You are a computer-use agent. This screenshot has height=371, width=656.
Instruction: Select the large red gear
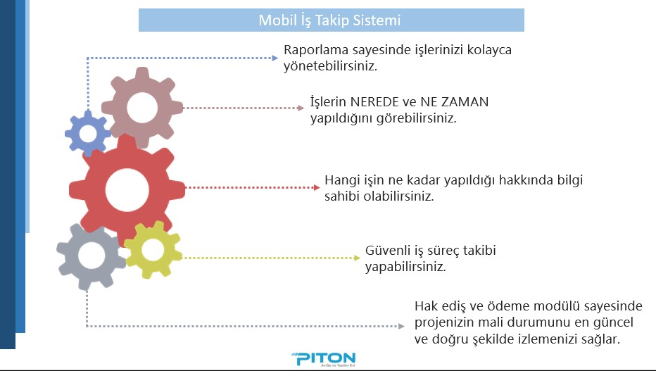92,190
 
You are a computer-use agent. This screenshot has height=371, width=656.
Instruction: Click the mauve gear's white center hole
142,108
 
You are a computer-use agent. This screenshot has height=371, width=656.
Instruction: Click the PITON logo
323,359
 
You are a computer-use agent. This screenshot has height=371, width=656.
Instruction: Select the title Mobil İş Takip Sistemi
329,20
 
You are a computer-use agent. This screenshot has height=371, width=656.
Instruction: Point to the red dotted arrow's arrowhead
317,187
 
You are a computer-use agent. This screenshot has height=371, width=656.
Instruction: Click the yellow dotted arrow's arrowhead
357,258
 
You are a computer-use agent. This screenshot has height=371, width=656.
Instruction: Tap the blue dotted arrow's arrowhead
275,58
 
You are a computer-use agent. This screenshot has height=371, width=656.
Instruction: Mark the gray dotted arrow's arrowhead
401,326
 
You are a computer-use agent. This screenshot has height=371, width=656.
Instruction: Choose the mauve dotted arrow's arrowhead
301,108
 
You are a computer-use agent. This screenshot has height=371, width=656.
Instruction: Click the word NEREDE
374,102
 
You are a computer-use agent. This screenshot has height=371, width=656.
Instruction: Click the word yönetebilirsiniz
331,66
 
